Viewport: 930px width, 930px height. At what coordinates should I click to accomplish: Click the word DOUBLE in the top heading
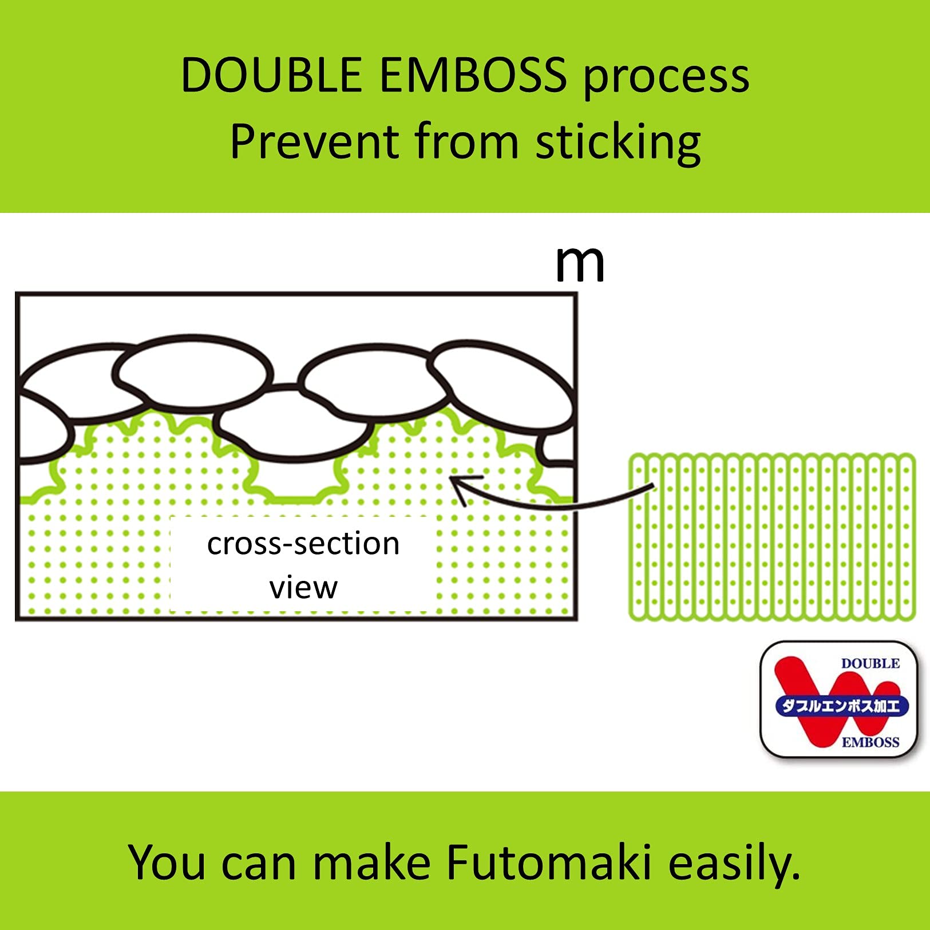(271, 75)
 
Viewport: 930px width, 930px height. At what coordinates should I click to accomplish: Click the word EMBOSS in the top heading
(473, 75)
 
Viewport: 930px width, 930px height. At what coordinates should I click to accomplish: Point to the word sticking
(618, 143)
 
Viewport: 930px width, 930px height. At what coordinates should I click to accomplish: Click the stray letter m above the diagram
(580, 264)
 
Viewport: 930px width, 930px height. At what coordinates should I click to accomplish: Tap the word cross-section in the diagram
(303, 544)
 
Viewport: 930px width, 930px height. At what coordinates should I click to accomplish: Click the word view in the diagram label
(303, 588)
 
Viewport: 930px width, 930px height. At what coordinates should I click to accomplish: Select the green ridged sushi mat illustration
(772, 537)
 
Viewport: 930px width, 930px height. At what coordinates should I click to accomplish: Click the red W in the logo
(833, 702)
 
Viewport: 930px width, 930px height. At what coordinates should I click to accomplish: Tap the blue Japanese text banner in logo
(841, 706)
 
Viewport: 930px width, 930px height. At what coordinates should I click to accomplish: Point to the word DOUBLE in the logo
(870, 664)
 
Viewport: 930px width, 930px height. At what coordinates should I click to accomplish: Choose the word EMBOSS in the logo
(870, 742)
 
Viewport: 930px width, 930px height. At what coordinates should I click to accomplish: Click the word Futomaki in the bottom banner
(548, 862)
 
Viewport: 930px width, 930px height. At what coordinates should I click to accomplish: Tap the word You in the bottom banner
(167, 862)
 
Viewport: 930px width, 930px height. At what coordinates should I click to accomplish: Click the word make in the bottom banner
(371, 862)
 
